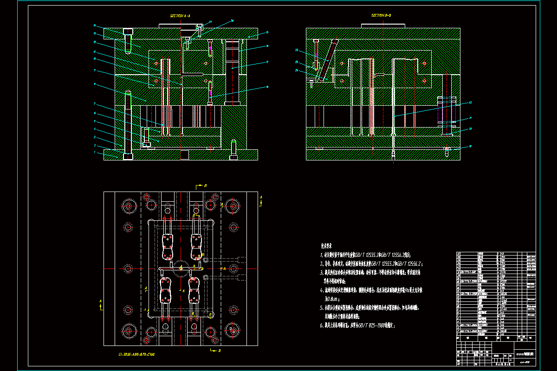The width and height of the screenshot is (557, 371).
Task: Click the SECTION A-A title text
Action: (x=180, y=16)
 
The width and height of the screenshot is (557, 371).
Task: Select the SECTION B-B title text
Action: (x=381, y=15)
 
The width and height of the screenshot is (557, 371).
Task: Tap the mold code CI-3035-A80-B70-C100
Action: (x=136, y=355)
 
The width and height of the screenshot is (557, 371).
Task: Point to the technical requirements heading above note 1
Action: (x=328, y=245)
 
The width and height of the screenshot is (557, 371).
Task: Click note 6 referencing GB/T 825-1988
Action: (x=358, y=326)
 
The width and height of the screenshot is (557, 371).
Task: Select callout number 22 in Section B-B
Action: (x=470, y=103)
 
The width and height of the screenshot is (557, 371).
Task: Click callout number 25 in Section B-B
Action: (x=297, y=50)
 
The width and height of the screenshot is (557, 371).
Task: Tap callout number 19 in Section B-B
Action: (x=470, y=147)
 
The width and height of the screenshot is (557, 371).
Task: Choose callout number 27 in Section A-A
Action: (x=210, y=22)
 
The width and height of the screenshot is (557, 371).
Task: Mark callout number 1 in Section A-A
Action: (x=95, y=152)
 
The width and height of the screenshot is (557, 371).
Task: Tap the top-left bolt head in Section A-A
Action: (x=128, y=32)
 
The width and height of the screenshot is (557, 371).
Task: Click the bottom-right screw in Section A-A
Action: (x=233, y=148)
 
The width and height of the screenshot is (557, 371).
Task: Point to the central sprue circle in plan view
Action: (x=180, y=268)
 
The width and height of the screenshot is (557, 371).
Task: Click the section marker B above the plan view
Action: (x=205, y=185)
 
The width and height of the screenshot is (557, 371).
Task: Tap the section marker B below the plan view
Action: (x=219, y=351)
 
